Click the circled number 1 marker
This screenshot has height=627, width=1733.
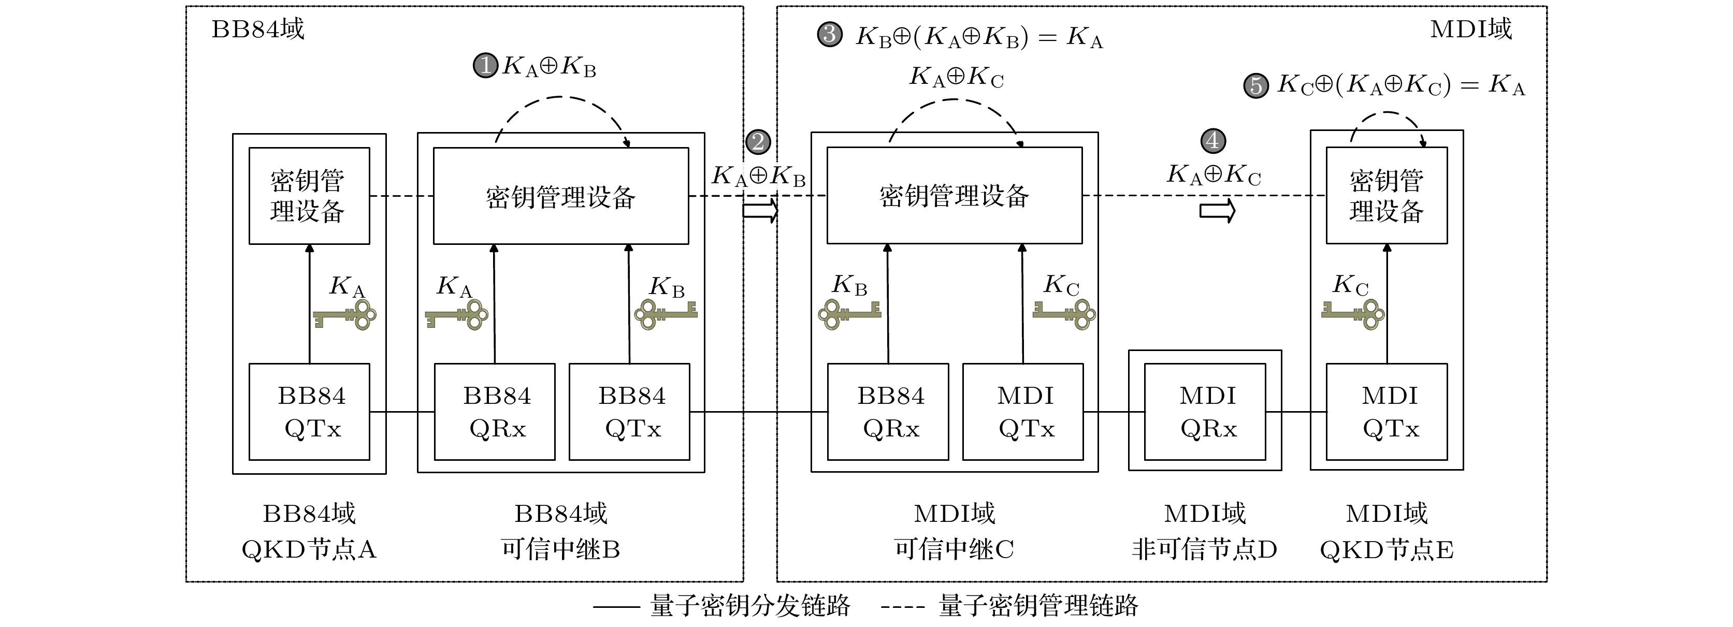[485, 66]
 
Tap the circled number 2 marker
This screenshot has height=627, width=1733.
[758, 142]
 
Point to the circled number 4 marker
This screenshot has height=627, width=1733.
[1213, 141]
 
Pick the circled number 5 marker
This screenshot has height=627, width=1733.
[1255, 85]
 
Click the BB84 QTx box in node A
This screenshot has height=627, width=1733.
[310, 412]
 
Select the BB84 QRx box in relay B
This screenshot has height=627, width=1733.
[495, 412]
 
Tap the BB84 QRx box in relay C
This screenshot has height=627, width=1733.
[888, 412]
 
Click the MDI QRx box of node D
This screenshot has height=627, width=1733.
[1205, 412]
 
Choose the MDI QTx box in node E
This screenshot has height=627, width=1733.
[1387, 412]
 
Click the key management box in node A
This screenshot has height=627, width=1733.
[310, 196]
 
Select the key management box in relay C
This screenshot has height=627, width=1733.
[954, 196]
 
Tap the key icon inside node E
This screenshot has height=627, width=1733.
[1353, 314]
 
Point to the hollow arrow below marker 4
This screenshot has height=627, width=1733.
[1218, 211]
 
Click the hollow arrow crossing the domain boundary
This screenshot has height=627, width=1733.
[760, 211]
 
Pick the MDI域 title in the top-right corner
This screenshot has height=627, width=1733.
[1470, 30]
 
